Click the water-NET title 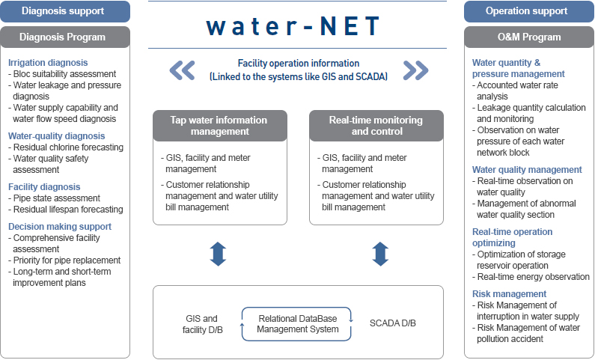click(x=293, y=25)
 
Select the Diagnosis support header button click(x=65, y=11)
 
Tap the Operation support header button click(x=529, y=11)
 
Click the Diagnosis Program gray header click(x=65, y=37)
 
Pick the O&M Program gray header click(x=529, y=37)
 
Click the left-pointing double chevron click(x=182, y=70)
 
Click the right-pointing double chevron click(x=416, y=70)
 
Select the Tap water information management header click(x=220, y=126)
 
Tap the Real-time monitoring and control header click(x=376, y=126)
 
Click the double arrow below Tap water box click(x=219, y=254)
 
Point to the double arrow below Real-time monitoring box click(x=380, y=254)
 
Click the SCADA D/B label click(x=393, y=323)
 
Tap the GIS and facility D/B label click(x=202, y=324)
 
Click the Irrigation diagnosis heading click(x=48, y=63)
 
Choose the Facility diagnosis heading click(x=44, y=187)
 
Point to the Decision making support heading click(x=60, y=227)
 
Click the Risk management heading click(x=509, y=294)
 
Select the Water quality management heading click(x=527, y=170)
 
